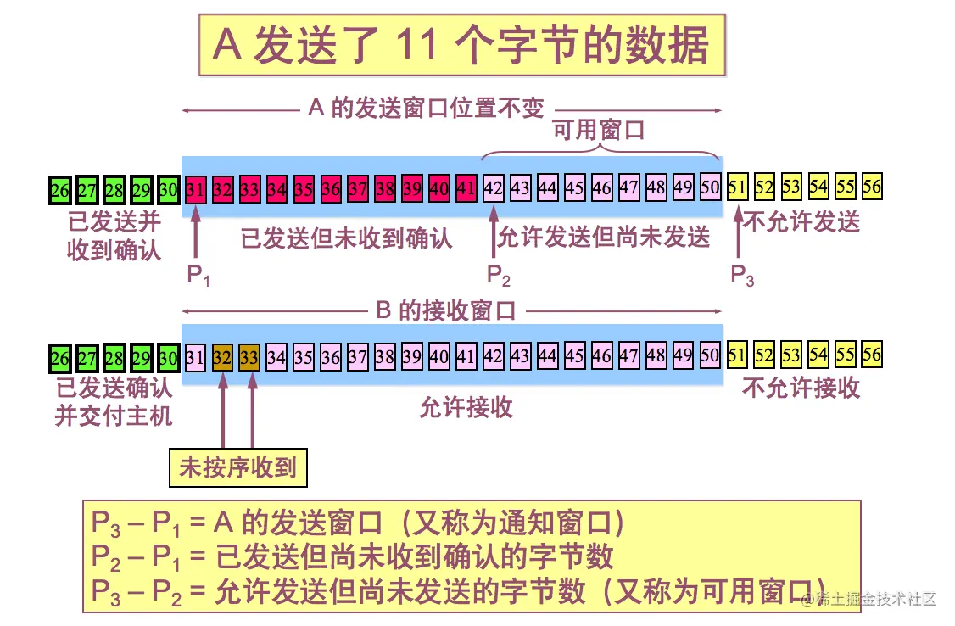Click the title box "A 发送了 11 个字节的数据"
(462, 44)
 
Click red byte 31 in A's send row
(195, 187)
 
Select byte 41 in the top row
(466, 187)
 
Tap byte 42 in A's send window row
(493, 187)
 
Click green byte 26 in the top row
(59, 187)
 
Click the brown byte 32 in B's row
(222, 357)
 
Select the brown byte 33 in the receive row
(249, 357)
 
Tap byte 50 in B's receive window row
(710, 356)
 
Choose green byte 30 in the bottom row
(168, 357)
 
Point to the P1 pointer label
(197, 275)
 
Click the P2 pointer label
(498, 275)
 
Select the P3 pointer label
(742, 275)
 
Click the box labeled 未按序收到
(237, 467)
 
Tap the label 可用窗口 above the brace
(599, 130)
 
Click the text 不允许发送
(801, 222)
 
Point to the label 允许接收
(466, 408)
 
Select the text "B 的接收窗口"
(445, 310)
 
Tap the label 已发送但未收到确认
(346, 238)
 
